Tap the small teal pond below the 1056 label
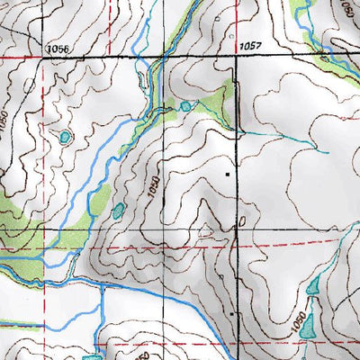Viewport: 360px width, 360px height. tap(65, 138)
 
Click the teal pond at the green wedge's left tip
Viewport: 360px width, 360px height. tap(184, 106)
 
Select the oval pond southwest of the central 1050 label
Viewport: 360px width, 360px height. tap(119, 211)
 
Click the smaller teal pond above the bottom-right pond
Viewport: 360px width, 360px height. tap(313, 289)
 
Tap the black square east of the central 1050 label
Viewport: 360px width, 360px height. tap(228, 171)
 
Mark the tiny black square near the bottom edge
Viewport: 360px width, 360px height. tap(232, 313)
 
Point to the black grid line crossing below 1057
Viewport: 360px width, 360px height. tap(237, 57)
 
